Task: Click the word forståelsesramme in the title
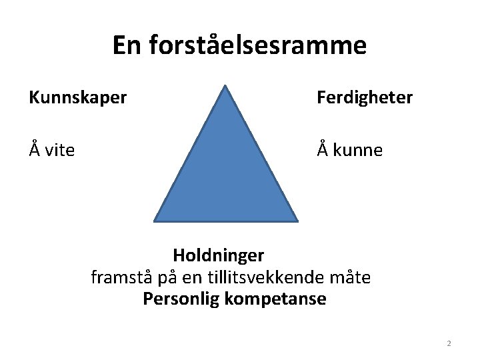[x=257, y=46]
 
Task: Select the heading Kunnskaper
[x=77, y=99]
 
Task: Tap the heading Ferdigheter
[x=365, y=99]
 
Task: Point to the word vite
[x=59, y=151]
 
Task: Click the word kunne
[x=358, y=151]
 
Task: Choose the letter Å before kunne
[x=323, y=150]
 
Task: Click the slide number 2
[x=449, y=343]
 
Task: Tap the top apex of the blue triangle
[x=226, y=85]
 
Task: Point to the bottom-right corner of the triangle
[x=297, y=220]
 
